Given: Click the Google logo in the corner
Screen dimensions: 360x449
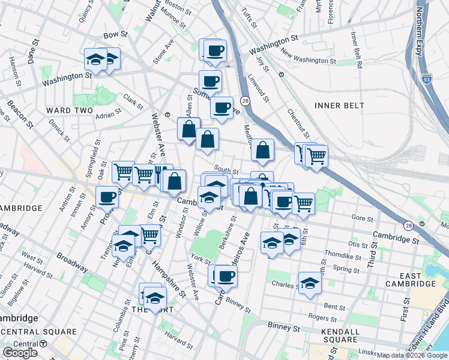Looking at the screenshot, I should tap(20, 353).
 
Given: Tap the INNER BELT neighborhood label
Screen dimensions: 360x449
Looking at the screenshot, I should tap(339, 106).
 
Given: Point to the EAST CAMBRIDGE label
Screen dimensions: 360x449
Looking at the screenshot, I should tap(411, 278).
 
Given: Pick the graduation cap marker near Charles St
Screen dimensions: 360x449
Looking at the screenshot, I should tap(310, 283).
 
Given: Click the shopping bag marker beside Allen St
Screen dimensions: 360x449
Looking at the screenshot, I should tap(188, 128).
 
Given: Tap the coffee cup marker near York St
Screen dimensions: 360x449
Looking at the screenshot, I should tap(226, 276).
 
